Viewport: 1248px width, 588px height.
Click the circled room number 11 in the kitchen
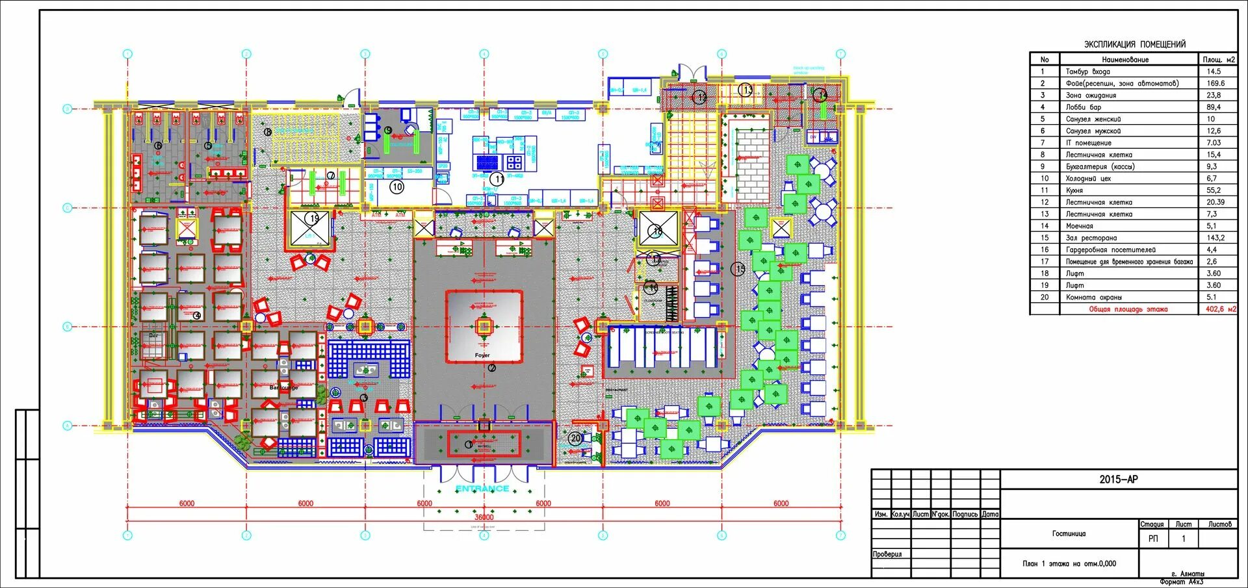coord(497,179)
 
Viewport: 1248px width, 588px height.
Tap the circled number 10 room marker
coord(396,187)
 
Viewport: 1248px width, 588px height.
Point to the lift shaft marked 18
coord(657,229)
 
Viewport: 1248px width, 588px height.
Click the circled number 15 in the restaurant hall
coord(738,268)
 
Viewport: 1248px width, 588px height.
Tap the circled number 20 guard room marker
coord(575,439)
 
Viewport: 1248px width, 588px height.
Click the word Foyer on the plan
coord(482,355)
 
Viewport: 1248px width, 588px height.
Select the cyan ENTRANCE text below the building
coord(482,488)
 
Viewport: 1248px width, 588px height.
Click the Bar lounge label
coord(283,387)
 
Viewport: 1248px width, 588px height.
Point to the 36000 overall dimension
coord(484,517)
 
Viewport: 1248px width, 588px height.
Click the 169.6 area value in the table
coord(1215,83)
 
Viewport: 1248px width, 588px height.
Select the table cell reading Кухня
coord(1074,190)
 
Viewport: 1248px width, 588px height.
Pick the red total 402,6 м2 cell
coord(1220,309)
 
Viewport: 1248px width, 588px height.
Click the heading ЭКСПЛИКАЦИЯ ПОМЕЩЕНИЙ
coord(1134,44)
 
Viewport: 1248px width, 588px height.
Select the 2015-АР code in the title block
coord(1118,479)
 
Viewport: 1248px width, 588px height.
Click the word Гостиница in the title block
coord(1069,533)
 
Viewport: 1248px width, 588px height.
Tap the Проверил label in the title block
coord(887,554)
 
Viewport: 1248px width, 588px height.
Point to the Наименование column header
coord(1125,59)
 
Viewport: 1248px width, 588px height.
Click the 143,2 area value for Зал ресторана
coord(1215,238)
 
